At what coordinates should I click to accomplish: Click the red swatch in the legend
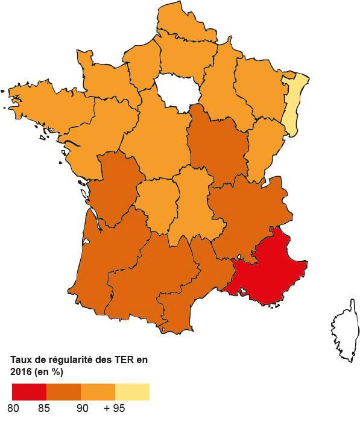29,392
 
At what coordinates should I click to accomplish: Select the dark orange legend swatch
63,392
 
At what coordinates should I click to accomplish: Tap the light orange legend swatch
98,392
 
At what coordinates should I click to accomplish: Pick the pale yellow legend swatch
132,392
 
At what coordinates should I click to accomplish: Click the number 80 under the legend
14,409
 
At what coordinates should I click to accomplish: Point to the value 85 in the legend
43,409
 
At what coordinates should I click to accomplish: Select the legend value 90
83,409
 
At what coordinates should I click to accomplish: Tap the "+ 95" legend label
114,409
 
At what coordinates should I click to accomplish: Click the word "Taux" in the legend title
20,359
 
